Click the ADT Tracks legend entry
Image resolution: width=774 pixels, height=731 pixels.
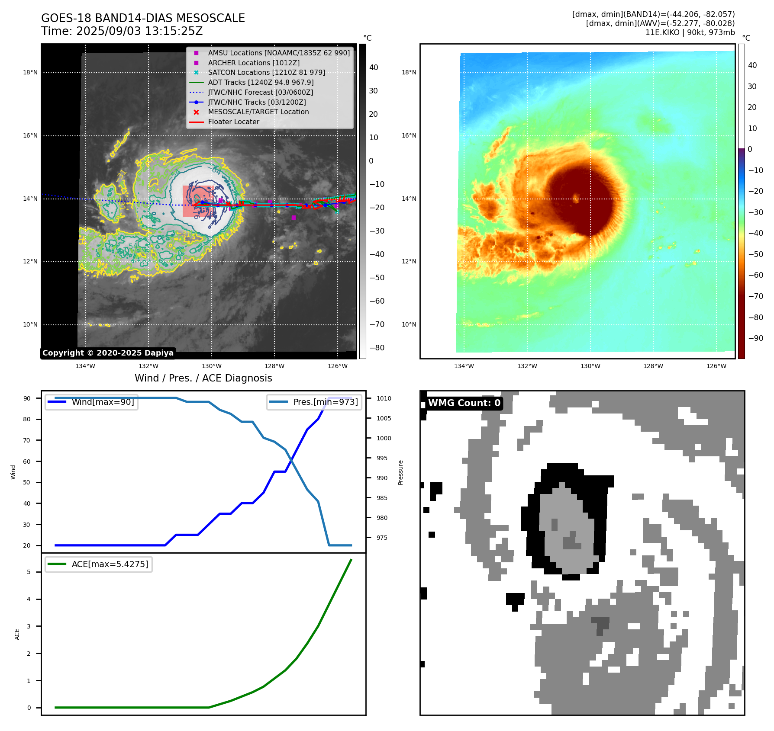[x=261, y=82]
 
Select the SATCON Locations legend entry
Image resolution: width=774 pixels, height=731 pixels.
[x=266, y=72]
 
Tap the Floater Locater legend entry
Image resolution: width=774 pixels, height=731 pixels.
[x=233, y=122]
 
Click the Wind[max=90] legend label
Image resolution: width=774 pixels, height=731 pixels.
[x=103, y=402]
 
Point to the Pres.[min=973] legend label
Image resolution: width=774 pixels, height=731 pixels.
[x=326, y=402]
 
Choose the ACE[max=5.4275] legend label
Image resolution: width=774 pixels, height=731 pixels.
[x=110, y=564]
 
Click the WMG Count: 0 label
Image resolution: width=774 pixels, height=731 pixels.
[x=464, y=403]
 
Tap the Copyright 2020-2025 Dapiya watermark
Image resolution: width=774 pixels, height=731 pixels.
[x=108, y=353]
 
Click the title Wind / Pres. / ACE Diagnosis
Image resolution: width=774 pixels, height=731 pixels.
[x=203, y=378]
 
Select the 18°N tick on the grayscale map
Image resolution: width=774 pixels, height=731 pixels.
[x=30, y=72]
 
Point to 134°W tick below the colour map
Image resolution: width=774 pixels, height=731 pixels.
[x=464, y=366]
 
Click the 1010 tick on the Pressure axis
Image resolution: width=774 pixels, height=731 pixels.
[x=384, y=398]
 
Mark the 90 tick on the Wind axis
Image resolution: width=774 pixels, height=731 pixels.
[x=27, y=398]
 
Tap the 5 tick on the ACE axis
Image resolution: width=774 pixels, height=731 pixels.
[x=29, y=572]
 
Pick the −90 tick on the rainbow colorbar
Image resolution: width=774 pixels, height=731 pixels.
[x=756, y=338]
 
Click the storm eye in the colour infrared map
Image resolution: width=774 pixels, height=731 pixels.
[x=576, y=198]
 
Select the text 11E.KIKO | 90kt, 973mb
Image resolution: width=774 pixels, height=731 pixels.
[x=690, y=32]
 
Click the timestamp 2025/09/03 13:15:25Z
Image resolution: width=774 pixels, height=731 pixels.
[x=139, y=31]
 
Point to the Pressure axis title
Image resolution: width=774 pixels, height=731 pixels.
[x=400, y=472]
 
